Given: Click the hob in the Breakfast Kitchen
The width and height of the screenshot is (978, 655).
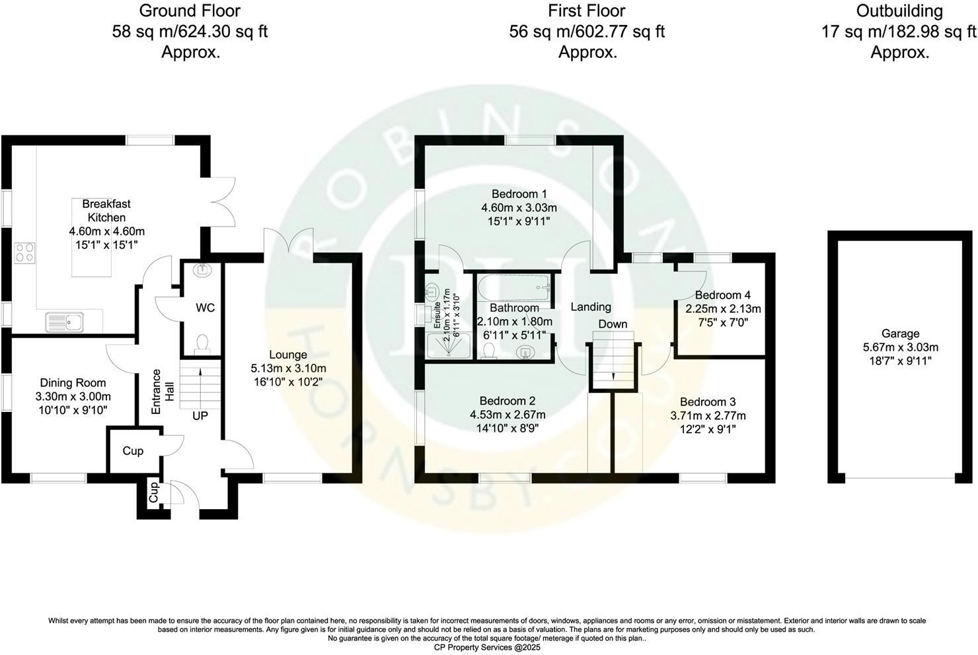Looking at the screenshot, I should [24, 252].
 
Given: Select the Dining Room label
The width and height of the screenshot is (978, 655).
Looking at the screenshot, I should [73, 383].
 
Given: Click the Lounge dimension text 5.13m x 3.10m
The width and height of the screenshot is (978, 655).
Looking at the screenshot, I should [288, 368].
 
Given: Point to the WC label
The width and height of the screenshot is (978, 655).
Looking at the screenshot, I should [205, 308].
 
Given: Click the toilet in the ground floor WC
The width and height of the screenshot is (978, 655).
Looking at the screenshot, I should [202, 343].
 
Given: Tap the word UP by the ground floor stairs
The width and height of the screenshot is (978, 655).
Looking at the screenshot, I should [200, 416].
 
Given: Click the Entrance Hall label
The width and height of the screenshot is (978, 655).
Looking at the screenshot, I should [162, 391].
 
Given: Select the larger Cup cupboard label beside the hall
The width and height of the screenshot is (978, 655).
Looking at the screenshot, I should [133, 451].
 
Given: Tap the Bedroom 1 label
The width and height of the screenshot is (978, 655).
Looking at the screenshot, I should [519, 194].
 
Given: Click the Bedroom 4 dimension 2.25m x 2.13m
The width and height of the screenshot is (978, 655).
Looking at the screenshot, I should [723, 308].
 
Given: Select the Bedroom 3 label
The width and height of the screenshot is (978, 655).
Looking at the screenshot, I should [708, 401].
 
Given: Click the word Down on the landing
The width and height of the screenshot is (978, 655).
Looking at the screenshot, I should [613, 324].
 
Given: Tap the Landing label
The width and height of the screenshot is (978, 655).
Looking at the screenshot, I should [591, 306].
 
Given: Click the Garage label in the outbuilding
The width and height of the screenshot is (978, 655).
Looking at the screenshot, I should [900, 334].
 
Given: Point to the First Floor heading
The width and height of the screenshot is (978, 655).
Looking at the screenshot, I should [586, 11].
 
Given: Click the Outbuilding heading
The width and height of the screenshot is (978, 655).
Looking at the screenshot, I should [899, 11].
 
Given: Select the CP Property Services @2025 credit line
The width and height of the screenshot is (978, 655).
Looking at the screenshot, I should [487, 648].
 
